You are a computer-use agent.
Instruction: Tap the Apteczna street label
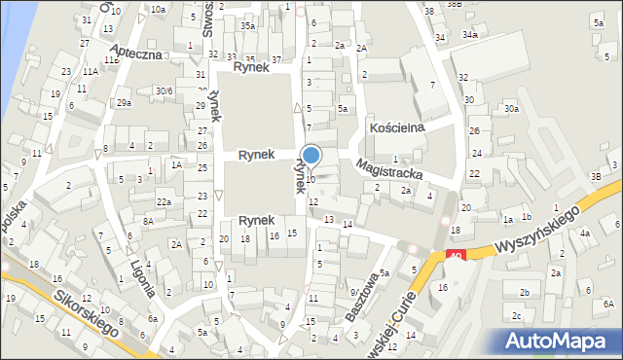coord(135,53)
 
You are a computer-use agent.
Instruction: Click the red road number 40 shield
coord(455,255)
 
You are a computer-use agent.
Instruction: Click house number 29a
coord(124,102)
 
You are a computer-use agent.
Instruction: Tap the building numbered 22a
coord(165,201)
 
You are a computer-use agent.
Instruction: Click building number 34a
coord(470,34)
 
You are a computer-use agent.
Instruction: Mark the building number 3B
coord(596,176)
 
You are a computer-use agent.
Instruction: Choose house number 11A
coord(90,71)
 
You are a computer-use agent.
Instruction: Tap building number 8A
coord(148,221)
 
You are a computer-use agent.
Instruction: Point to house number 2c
coord(517,315)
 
